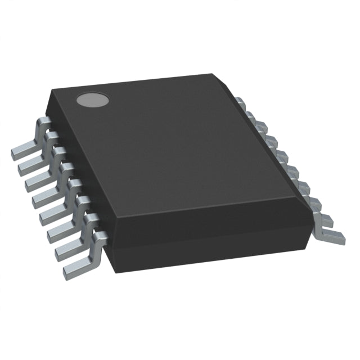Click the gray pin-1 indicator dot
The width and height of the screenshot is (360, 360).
[92, 100]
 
